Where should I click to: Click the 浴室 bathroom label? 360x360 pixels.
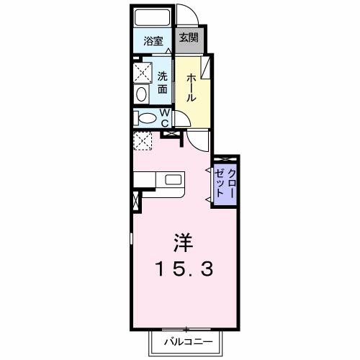click(152, 41)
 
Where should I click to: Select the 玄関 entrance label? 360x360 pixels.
click(188, 39)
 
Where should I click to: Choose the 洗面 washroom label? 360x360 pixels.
click(163, 83)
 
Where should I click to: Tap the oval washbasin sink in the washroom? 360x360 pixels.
click(140, 94)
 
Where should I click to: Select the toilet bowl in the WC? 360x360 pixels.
click(146, 118)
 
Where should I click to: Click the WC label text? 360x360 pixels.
click(164, 117)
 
